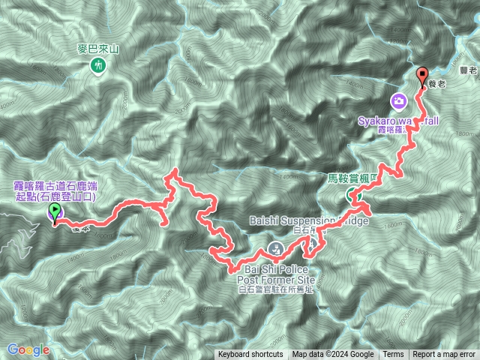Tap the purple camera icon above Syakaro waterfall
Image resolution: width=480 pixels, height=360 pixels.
pos(399,100)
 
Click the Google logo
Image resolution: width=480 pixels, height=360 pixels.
pos(28,349)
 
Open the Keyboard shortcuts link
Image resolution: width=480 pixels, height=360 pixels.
pos(250,355)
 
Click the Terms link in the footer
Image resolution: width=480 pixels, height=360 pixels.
pos(393,355)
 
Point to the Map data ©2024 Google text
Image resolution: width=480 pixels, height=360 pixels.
pos(333,355)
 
